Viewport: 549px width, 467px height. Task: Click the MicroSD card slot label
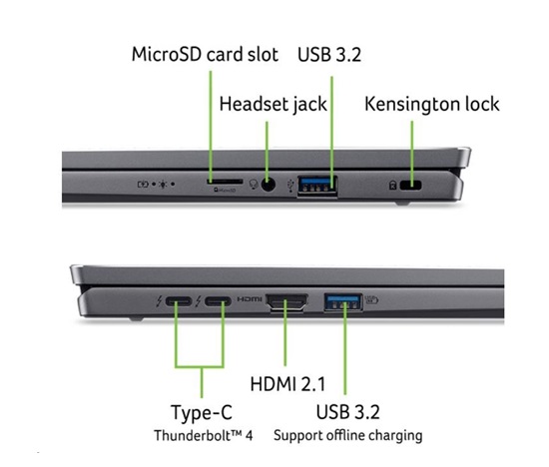coord(205,54)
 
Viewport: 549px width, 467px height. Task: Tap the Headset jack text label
coord(274,104)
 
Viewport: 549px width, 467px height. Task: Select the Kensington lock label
coord(432,104)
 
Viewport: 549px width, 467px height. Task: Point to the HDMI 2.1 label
coord(287,384)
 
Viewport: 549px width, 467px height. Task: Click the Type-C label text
coord(202,412)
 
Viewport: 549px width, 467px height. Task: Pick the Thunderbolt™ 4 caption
coord(203,435)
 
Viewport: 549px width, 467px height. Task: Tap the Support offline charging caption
coord(348,436)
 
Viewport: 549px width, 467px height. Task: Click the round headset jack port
coord(269,185)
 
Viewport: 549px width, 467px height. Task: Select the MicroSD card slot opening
coord(225,182)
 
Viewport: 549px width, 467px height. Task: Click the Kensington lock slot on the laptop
coord(410,186)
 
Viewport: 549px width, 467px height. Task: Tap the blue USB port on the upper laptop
coord(317,186)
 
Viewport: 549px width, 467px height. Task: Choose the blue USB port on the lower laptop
coord(343,302)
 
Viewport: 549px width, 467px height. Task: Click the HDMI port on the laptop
coord(287,302)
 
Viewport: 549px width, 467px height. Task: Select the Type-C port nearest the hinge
coord(179,301)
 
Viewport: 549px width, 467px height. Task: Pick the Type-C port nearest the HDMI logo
coord(218,301)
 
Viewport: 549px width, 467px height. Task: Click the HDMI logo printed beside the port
coord(250,299)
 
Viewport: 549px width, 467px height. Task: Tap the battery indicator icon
coord(143,184)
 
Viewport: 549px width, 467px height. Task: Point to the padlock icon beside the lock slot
coord(393,185)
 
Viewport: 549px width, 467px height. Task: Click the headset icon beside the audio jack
coord(254,185)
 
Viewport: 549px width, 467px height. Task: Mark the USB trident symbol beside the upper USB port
coord(290,186)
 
